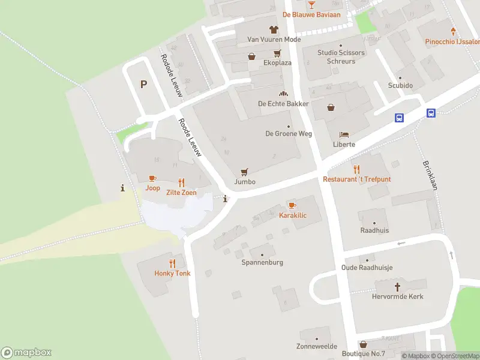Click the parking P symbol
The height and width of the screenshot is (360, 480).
pos(143,84)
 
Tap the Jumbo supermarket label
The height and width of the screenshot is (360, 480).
pos(245,182)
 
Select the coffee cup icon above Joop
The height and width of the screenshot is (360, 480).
pos(152,178)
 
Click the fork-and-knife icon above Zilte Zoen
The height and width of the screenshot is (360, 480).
pos(181,182)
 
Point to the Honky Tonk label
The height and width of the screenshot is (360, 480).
pos(172,274)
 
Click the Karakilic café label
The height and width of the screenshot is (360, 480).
pos(293,215)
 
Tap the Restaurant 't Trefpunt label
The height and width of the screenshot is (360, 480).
pos(356,179)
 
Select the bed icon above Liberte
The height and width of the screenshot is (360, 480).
pos(343,134)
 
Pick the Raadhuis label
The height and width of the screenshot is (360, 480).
pos(374,230)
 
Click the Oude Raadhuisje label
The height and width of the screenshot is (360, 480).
pos(365,268)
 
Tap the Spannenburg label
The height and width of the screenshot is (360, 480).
pos(262,262)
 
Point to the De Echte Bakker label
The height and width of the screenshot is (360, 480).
pos(283,104)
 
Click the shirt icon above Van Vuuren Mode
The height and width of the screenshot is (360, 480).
pos(274,29)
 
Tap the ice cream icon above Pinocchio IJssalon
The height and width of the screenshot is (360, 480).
pos(453,31)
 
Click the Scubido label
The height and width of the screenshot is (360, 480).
pos(400,86)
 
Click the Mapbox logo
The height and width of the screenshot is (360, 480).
pos(26,353)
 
